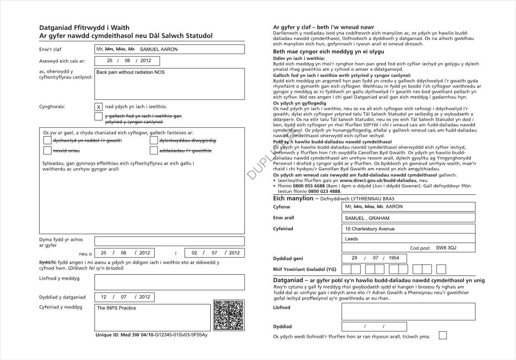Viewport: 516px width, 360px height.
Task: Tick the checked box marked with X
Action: point(99,107)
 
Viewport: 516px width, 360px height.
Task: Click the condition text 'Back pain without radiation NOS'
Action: point(130,72)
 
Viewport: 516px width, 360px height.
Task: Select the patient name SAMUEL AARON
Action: point(158,49)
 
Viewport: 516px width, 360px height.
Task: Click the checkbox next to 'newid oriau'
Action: point(47,151)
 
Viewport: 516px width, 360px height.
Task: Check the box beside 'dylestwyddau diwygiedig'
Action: point(153,140)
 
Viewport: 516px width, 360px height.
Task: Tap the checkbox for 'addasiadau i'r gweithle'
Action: point(153,151)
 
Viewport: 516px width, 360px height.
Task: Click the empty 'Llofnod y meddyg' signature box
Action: point(169,282)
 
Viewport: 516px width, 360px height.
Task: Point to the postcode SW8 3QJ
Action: point(446,248)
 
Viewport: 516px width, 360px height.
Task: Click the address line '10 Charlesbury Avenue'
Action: point(370,229)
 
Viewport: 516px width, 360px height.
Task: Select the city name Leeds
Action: point(352,239)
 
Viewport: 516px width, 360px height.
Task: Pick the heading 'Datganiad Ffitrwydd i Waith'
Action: point(84,28)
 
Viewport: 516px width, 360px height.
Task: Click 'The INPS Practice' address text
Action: point(116,308)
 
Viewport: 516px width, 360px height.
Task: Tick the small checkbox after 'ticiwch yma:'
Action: point(442,335)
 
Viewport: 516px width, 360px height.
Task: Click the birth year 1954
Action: point(394,258)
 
